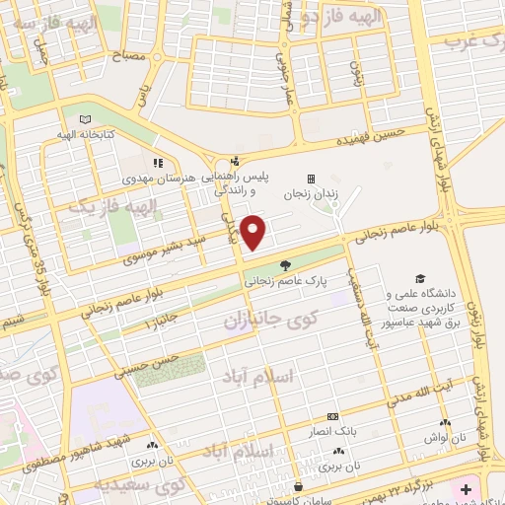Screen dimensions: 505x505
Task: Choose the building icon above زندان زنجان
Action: coord(312,179)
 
